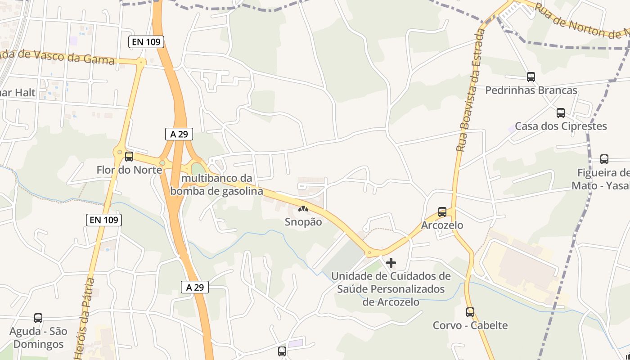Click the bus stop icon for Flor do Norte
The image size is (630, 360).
(129, 157)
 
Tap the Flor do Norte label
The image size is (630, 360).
(129, 170)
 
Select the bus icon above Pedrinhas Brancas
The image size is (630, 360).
(531, 77)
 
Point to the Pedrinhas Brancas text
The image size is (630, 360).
(531, 90)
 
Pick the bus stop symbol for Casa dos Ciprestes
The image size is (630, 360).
(561, 113)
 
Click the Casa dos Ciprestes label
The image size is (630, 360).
(561, 126)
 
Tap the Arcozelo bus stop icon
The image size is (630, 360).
(442, 212)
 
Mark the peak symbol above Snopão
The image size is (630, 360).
(303, 209)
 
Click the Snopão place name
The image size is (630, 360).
(303, 222)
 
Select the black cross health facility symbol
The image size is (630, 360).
(391, 263)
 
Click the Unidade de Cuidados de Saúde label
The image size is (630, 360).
(391, 288)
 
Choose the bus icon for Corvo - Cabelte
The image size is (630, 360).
(470, 312)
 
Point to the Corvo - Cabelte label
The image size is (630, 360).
(470, 325)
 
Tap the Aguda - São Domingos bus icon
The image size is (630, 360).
(38, 318)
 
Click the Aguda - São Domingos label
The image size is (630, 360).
(38, 338)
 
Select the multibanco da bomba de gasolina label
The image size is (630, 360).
(216, 185)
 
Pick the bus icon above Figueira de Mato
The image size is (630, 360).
(604, 159)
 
